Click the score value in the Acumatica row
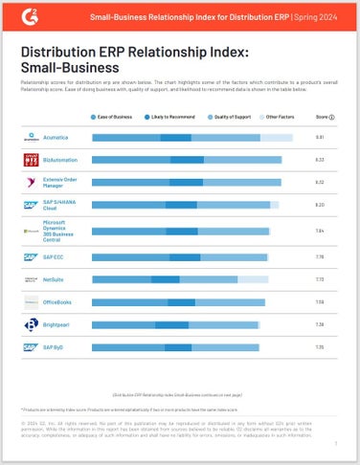[x=321, y=139]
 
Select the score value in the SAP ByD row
[x=321, y=348]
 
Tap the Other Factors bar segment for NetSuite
[x=253, y=279]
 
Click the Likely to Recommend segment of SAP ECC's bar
[x=185, y=256]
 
